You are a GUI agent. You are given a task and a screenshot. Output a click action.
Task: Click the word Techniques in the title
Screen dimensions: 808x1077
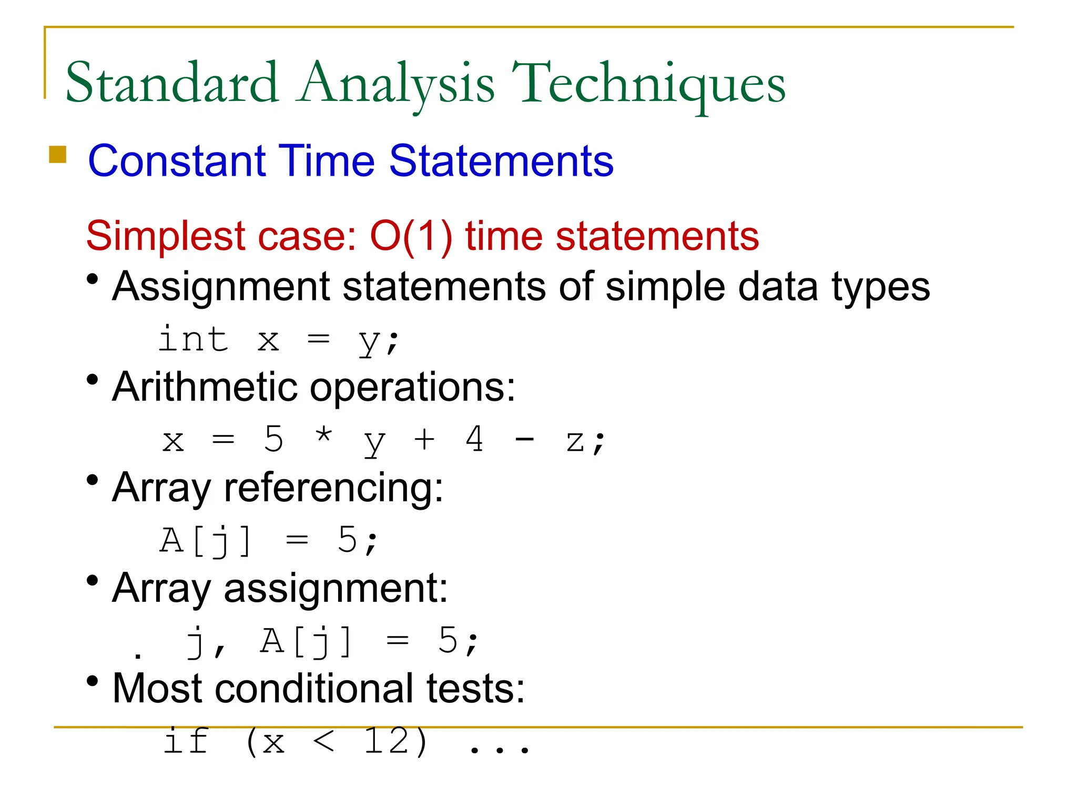pyautogui.click(x=649, y=84)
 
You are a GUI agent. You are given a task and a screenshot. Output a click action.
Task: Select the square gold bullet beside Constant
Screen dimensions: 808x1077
pyautogui.click(x=58, y=155)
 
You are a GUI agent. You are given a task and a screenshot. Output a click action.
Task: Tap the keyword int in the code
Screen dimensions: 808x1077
pyautogui.click(x=193, y=339)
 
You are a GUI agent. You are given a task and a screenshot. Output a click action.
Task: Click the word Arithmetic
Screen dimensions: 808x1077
pyautogui.click(x=205, y=387)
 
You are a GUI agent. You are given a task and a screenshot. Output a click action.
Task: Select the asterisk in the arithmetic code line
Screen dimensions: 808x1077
pyautogui.click(x=323, y=436)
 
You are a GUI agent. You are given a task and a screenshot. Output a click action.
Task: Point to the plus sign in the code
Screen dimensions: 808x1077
pyautogui.click(x=424, y=439)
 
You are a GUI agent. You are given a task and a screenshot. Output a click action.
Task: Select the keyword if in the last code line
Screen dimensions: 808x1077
pyautogui.click(x=186, y=742)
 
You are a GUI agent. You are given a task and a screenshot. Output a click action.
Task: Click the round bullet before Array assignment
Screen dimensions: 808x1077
pyautogui.click(x=93, y=581)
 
